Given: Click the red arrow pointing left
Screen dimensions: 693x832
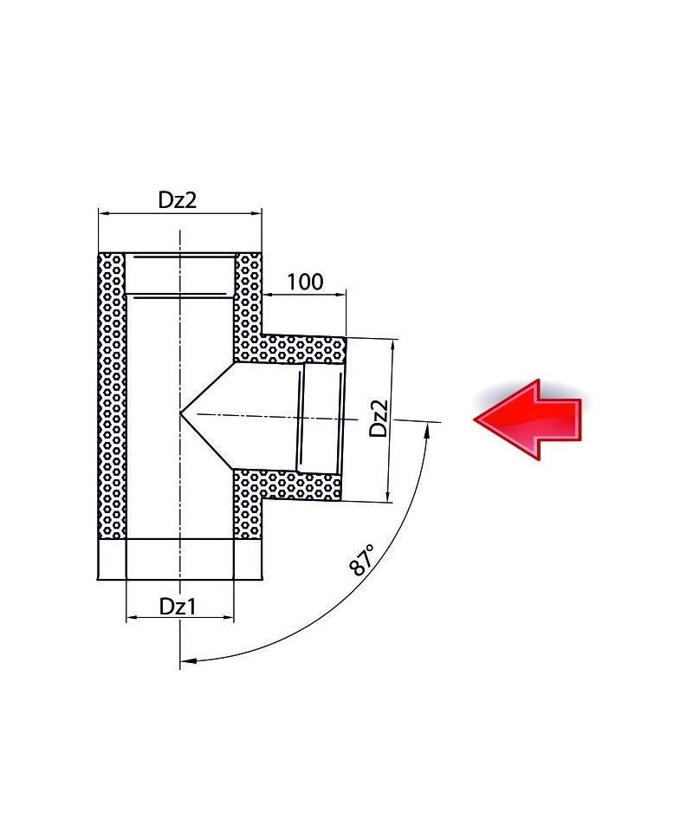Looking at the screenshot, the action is click(x=528, y=419).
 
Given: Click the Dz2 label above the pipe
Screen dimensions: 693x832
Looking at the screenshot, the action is click(x=178, y=200).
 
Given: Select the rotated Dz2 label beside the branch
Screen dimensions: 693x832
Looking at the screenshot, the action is click(x=379, y=418).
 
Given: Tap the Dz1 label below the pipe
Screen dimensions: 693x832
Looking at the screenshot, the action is click(x=178, y=607).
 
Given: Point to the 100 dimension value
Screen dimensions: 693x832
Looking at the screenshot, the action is click(x=305, y=282).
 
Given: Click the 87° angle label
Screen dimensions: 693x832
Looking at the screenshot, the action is click(x=363, y=559).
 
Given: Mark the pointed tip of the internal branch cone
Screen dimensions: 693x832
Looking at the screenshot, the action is click(x=181, y=413).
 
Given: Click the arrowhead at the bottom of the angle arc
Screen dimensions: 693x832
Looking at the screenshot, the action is click(x=188, y=661).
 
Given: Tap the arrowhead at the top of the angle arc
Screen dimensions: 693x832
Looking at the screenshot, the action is click(x=427, y=429).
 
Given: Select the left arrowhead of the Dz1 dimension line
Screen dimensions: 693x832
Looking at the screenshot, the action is click(x=132, y=618).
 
